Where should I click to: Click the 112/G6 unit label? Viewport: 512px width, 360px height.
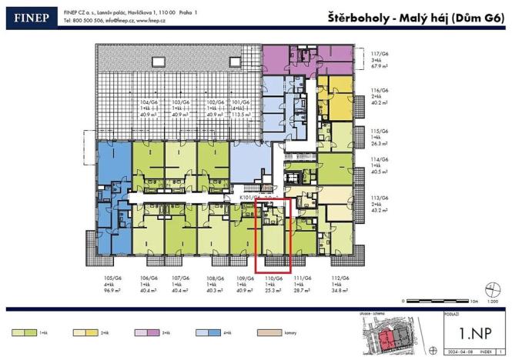pos(340,284)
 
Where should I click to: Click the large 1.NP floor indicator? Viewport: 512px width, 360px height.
pos(468,332)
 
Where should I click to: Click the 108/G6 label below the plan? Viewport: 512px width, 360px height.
pos(215,284)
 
